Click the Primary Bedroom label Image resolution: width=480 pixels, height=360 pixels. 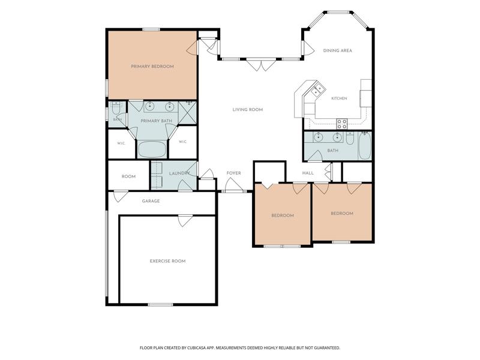[x=152, y=67]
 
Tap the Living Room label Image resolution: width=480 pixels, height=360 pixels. [x=248, y=110]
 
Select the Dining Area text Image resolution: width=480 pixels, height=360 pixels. [x=338, y=50]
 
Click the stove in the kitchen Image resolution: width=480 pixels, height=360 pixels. [x=342, y=124]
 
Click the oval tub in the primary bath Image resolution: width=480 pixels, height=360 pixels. [x=152, y=149]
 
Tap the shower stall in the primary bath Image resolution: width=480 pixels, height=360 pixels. [x=187, y=112]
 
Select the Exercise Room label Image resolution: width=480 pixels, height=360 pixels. [x=167, y=261]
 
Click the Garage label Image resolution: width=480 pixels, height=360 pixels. [x=151, y=201]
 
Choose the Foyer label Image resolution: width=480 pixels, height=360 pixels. [x=233, y=173]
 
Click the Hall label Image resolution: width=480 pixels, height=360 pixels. [x=308, y=173]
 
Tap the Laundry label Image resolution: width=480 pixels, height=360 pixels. [x=179, y=173]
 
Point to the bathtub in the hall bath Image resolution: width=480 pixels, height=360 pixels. [x=365, y=146]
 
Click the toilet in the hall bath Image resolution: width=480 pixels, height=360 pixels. [x=350, y=138]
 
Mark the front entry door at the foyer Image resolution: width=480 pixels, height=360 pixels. [x=234, y=185]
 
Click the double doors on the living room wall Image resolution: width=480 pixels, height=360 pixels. [x=261, y=64]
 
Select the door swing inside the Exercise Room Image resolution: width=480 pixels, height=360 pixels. [x=185, y=221]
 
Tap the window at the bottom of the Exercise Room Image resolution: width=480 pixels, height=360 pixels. [x=160, y=305]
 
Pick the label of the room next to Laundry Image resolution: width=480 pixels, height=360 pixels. [x=128, y=176]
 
